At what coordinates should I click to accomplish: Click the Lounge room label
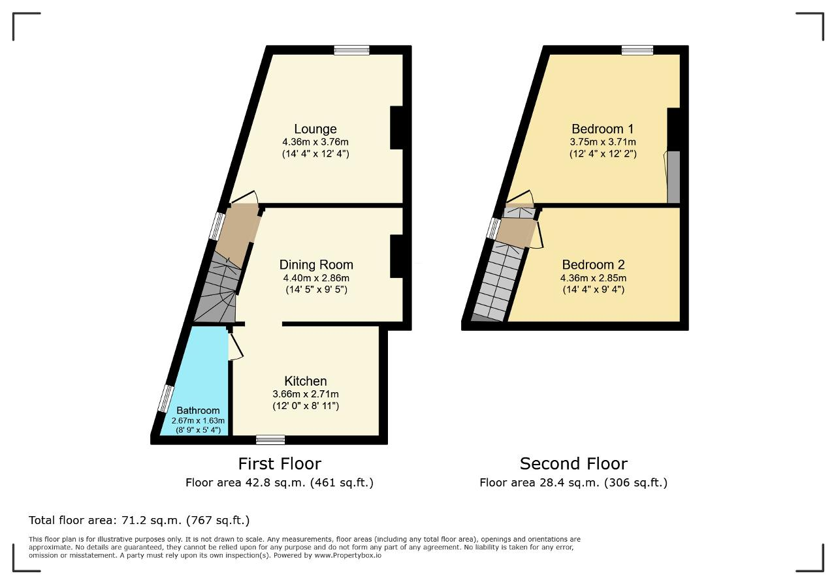(x=315, y=129)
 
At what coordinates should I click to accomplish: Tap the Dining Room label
(x=316, y=265)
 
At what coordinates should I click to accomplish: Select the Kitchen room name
(x=306, y=381)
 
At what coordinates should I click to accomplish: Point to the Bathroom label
(x=198, y=410)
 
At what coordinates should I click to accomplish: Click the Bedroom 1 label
(x=603, y=129)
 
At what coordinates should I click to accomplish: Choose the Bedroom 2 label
(x=594, y=265)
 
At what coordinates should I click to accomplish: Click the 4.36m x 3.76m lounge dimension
(x=315, y=142)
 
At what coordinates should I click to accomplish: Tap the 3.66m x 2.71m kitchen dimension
(x=306, y=394)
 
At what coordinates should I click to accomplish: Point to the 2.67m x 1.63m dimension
(x=198, y=421)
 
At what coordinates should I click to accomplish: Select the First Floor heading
(x=280, y=464)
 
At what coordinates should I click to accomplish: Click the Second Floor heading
(x=573, y=464)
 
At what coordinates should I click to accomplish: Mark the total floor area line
(x=139, y=520)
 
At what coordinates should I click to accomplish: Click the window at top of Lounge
(x=351, y=50)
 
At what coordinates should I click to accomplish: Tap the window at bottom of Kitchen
(x=270, y=440)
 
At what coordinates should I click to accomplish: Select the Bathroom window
(x=166, y=399)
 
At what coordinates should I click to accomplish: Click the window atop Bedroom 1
(x=637, y=50)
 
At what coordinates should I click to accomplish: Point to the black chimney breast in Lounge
(x=396, y=128)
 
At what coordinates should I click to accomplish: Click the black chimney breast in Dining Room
(x=396, y=256)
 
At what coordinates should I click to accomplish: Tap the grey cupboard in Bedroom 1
(x=673, y=177)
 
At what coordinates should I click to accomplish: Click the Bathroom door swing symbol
(x=235, y=346)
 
